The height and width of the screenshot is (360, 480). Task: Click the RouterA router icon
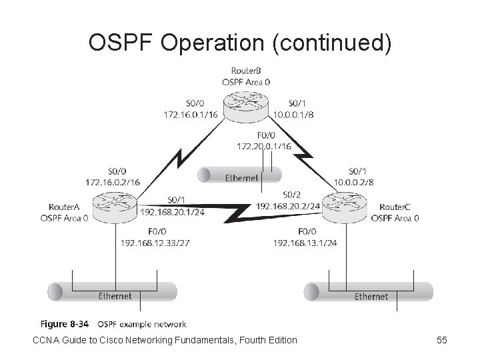pyautogui.click(x=114, y=207)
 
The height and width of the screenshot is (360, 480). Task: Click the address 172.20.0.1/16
pyautogui.click(x=264, y=145)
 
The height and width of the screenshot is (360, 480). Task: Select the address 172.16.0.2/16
pyautogui.click(x=114, y=181)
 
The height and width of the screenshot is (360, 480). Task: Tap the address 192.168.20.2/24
pyautogui.click(x=288, y=205)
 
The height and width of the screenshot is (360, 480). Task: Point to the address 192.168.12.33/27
pyautogui.click(x=155, y=243)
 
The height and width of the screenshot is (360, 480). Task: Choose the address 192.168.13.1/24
pyautogui.click(x=305, y=243)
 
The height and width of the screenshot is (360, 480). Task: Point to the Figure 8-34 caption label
pyautogui.click(x=65, y=324)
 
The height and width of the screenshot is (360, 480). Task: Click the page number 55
pyautogui.click(x=441, y=340)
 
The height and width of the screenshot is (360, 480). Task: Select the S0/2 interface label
pyautogui.click(x=291, y=195)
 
